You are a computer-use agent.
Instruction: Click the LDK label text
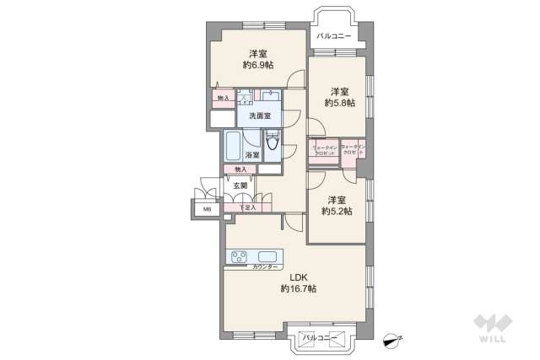pos(299,276)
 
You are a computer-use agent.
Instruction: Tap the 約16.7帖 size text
pos(299,288)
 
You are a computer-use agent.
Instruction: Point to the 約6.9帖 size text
pos(256,65)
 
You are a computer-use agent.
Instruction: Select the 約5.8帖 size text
pos(339,103)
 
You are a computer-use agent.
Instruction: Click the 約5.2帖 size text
pos(337,212)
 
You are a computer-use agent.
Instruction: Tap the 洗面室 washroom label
pos(258,115)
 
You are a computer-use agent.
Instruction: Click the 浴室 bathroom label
pos(251,155)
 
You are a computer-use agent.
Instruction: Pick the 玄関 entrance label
pos(240,185)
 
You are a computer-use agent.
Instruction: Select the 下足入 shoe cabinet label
pos(246,207)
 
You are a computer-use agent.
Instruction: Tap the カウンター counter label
pos(266,266)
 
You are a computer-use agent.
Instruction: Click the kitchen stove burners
pos(235,256)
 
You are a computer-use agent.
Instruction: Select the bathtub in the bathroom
pos(232,146)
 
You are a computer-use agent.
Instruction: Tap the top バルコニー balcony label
pos(334,35)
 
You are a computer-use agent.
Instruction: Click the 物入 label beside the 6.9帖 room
pos(223,98)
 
